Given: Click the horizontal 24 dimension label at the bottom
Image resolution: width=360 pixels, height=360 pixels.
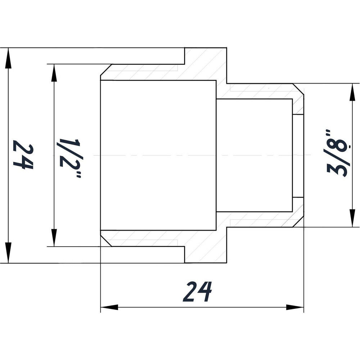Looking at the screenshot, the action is point(197,292).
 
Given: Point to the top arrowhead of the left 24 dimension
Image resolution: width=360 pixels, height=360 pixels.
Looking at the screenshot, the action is point(8,58).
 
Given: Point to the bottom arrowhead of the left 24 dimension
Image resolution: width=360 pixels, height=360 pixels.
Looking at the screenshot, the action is point(8,253).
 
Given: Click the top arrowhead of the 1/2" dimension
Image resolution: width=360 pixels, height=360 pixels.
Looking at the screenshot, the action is point(54,73).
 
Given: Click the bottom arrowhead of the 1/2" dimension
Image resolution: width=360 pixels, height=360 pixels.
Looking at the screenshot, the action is point(54,238).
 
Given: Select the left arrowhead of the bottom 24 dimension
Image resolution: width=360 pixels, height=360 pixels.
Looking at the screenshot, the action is point(109,307).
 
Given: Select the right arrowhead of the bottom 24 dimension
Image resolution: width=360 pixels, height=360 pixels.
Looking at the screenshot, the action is point(295,307).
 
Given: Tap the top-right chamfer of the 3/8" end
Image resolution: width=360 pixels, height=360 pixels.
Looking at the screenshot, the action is point(298,89).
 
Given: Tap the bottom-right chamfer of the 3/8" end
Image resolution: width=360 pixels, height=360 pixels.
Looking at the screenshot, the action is point(298,221).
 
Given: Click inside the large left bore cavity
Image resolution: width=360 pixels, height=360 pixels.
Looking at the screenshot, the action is point(158,155).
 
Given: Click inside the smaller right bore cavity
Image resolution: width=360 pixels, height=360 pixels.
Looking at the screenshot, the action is point(255,155).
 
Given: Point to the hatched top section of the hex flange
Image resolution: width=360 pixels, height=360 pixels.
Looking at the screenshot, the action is point(206,66).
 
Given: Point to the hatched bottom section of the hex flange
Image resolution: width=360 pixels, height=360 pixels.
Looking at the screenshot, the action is point(206,245).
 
